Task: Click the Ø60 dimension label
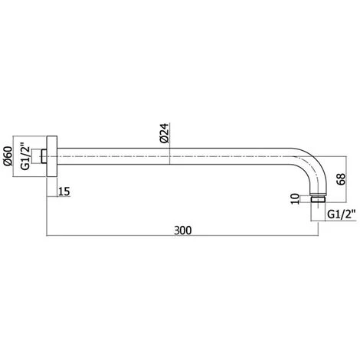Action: click(8, 156)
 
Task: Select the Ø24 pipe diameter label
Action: click(164, 133)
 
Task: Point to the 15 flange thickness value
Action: click(64, 191)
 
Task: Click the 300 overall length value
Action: click(183, 231)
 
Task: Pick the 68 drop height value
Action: click(341, 179)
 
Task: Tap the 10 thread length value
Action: click(295, 199)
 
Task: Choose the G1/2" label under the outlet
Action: click(342, 214)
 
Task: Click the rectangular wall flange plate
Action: click(52, 156)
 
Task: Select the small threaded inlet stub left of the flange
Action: click(44, 156)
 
